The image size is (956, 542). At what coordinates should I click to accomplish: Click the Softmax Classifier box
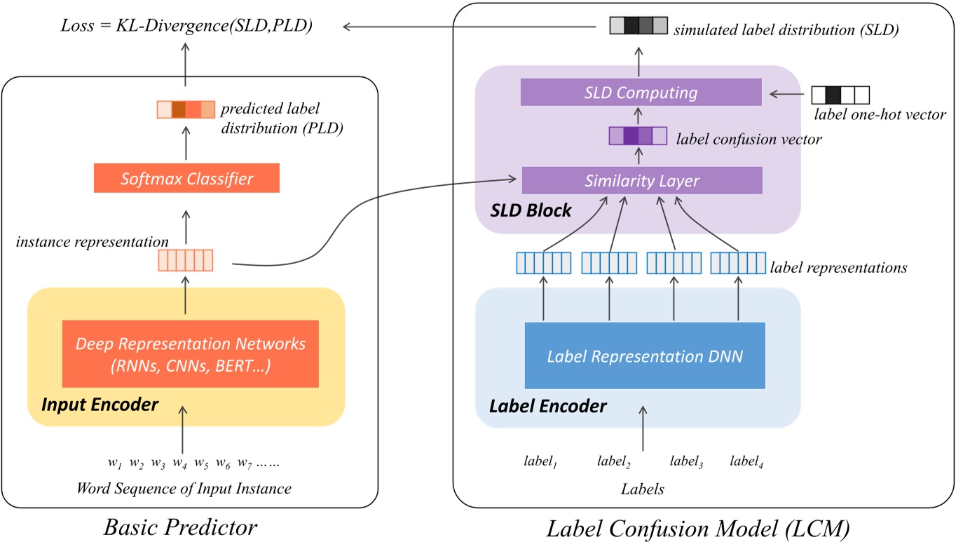pos(186,178)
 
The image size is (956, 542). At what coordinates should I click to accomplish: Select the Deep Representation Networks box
pos(191,354)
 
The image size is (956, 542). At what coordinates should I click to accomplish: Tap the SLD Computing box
pos(641,92)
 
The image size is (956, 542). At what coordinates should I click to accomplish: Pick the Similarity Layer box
pos(642,180)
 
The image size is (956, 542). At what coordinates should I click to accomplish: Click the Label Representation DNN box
pos(644,356)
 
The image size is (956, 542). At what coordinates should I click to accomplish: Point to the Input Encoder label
pos(100,405)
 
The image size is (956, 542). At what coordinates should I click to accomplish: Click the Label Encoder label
pos(547,405)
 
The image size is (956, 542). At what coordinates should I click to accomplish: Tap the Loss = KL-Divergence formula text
pos(186,27)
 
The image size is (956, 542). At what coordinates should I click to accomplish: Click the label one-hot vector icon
pos(840,95)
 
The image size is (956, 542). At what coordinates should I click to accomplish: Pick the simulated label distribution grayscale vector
pos(639,27)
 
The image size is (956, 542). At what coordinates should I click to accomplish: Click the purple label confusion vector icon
pos(637,135)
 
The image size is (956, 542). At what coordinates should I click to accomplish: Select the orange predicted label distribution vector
pos(186,110)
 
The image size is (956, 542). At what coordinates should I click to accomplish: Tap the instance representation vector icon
pos(185,262)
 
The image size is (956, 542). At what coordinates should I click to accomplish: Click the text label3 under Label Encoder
pos(685,461)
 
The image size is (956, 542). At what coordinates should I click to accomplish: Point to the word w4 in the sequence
pos(179,463)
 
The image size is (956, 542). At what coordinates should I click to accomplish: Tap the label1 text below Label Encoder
pos(540,461)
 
